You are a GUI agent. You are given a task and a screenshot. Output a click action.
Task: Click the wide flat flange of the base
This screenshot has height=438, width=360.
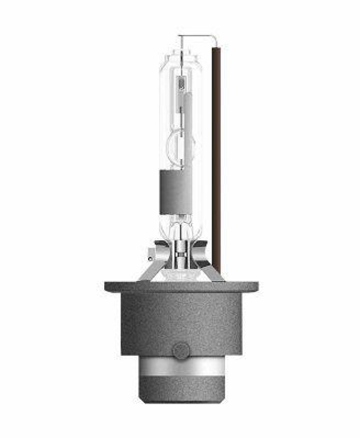click(181, 287)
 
